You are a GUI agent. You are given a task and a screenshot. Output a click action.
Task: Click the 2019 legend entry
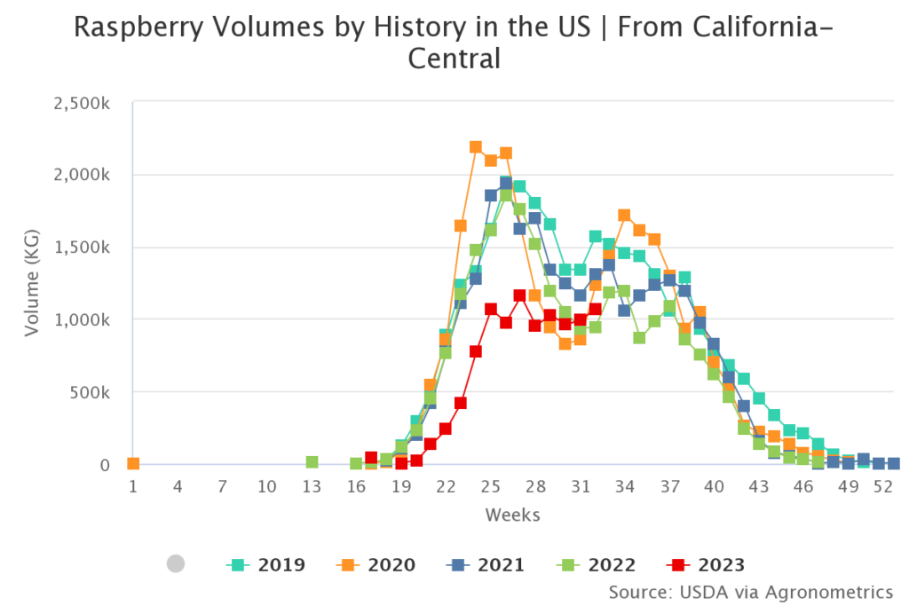point(266,564)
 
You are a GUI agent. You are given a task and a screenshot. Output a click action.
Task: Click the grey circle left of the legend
point(176,563)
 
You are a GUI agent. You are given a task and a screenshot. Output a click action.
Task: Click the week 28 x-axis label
point(534,486)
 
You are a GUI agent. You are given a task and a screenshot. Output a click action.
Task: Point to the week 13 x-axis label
point(312,486)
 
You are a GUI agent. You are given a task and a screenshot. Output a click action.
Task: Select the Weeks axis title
point(512,515)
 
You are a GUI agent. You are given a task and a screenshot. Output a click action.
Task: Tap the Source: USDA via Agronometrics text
point(750,591)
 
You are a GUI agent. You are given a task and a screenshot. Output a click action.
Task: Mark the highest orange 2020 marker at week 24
point(476,147)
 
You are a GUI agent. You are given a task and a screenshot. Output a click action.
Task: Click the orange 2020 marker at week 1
point(133,463)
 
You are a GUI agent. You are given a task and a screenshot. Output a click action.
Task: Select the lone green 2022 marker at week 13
point(312,462)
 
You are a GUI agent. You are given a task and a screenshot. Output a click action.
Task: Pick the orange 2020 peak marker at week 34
point(624,215)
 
